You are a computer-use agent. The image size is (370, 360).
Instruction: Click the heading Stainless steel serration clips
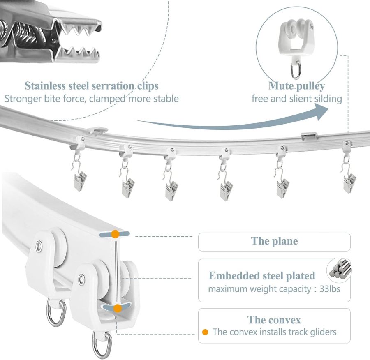tap(92, 86)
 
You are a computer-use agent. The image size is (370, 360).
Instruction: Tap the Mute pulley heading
tap(296, 86)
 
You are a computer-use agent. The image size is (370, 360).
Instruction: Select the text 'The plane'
tap(274, 241)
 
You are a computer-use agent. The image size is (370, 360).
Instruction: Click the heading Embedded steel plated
tap(262, 275)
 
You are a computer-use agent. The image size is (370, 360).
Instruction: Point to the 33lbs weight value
tap(330, 288)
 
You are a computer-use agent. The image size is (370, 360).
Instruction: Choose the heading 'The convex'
tap(274, 320)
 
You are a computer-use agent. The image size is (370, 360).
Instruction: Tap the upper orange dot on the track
tap(116, 234)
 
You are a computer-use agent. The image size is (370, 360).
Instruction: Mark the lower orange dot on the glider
tap(118, 307)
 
